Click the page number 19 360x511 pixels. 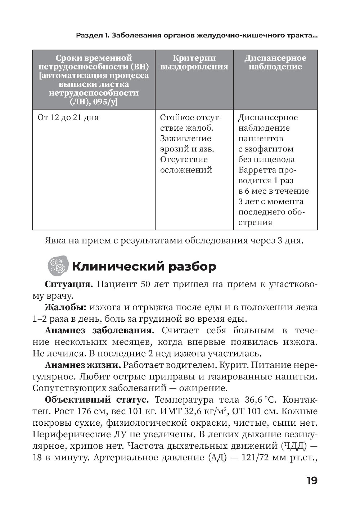pyautogui.click(x=312, y=481)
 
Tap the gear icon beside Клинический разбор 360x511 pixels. pyautogui.click(x=58, y=266)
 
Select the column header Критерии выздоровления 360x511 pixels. pyautogui.click(x=194, y=63)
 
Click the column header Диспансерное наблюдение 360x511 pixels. pyautogui.click(x=275, y=63)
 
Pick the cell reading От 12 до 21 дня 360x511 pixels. pyautogui.click(x=68, y=118)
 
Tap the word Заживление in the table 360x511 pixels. pyautogui.click(x=185, y=139)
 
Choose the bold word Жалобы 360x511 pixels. pyautogui.click(x=66, y=308)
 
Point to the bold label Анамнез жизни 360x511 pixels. pyautogui.click(x=82, y=365)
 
